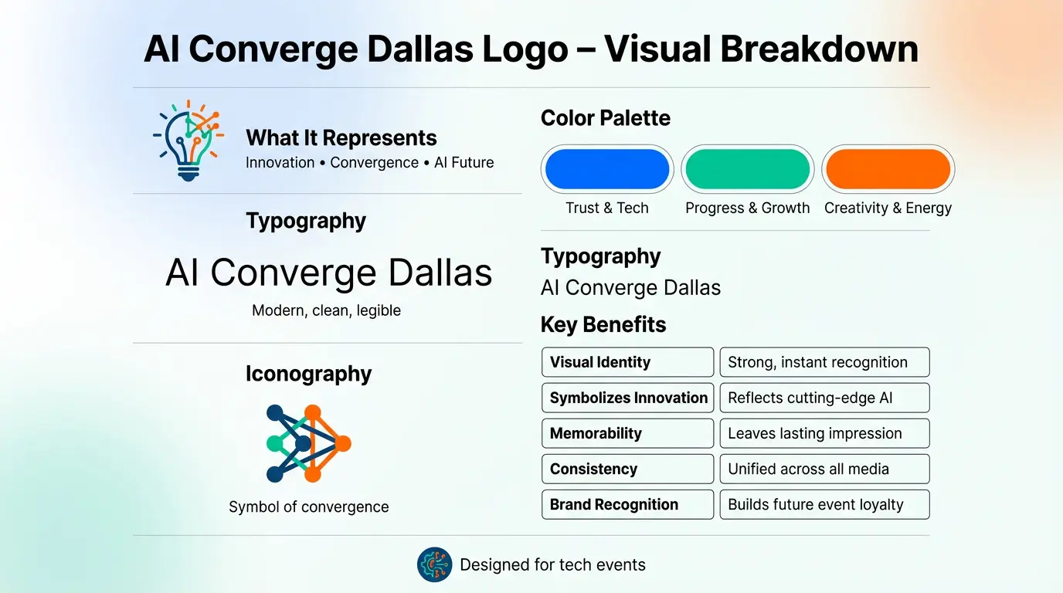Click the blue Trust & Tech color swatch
click(607, 169)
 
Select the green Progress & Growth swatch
click(747, 169)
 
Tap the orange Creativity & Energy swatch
click(888, 169)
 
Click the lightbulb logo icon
click(188, 141)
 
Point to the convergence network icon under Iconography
click(307, 443)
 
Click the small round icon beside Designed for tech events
click(434, 564)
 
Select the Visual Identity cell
click(627, 362)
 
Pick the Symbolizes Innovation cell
click(627, 398)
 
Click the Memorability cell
click(627, 433)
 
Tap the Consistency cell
click(627, 469)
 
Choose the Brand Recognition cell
click(627, 504)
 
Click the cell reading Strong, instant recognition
click(824, 362)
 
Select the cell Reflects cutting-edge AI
click(824, 398)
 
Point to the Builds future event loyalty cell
click(824, 504)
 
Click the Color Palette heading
click(605, 118)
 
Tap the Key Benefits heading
click(603, 324)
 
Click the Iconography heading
click(308, 374)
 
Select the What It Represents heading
click(341, 138)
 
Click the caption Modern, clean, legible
click(326, 310)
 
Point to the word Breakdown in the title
click(819, 49)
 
